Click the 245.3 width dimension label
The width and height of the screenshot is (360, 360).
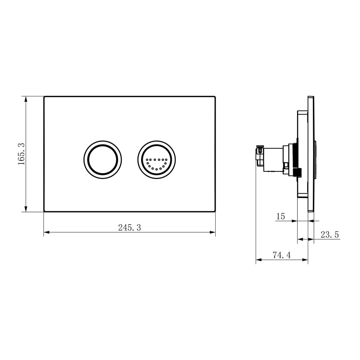(130, 228)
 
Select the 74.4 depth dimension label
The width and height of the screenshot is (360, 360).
(282, 255)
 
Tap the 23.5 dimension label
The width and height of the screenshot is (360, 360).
(330, 235)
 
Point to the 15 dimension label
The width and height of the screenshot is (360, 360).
(280, 216)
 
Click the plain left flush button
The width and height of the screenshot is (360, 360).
(103, 160)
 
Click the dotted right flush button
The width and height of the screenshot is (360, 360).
(157, 160)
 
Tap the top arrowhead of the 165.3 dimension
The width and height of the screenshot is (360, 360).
(26, 99)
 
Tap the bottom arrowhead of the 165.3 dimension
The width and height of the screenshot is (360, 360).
(26, 209)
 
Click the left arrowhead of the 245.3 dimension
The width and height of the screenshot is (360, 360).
(46, 232)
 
